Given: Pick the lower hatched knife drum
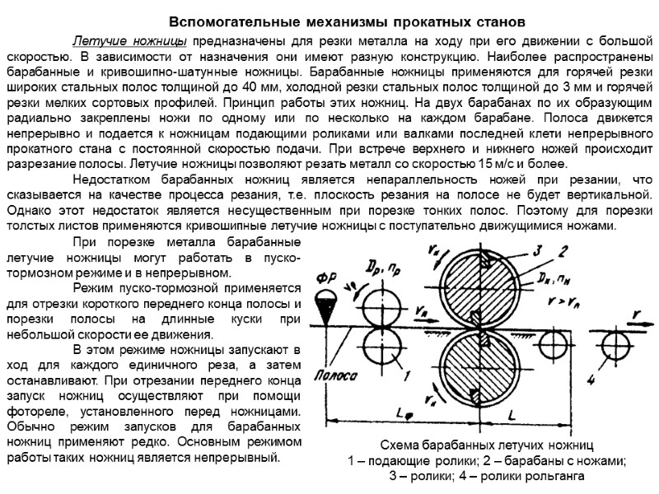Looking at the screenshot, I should (479, 369).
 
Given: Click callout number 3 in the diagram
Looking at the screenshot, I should (535, 250).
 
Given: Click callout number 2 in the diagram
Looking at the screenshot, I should (563, 251).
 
